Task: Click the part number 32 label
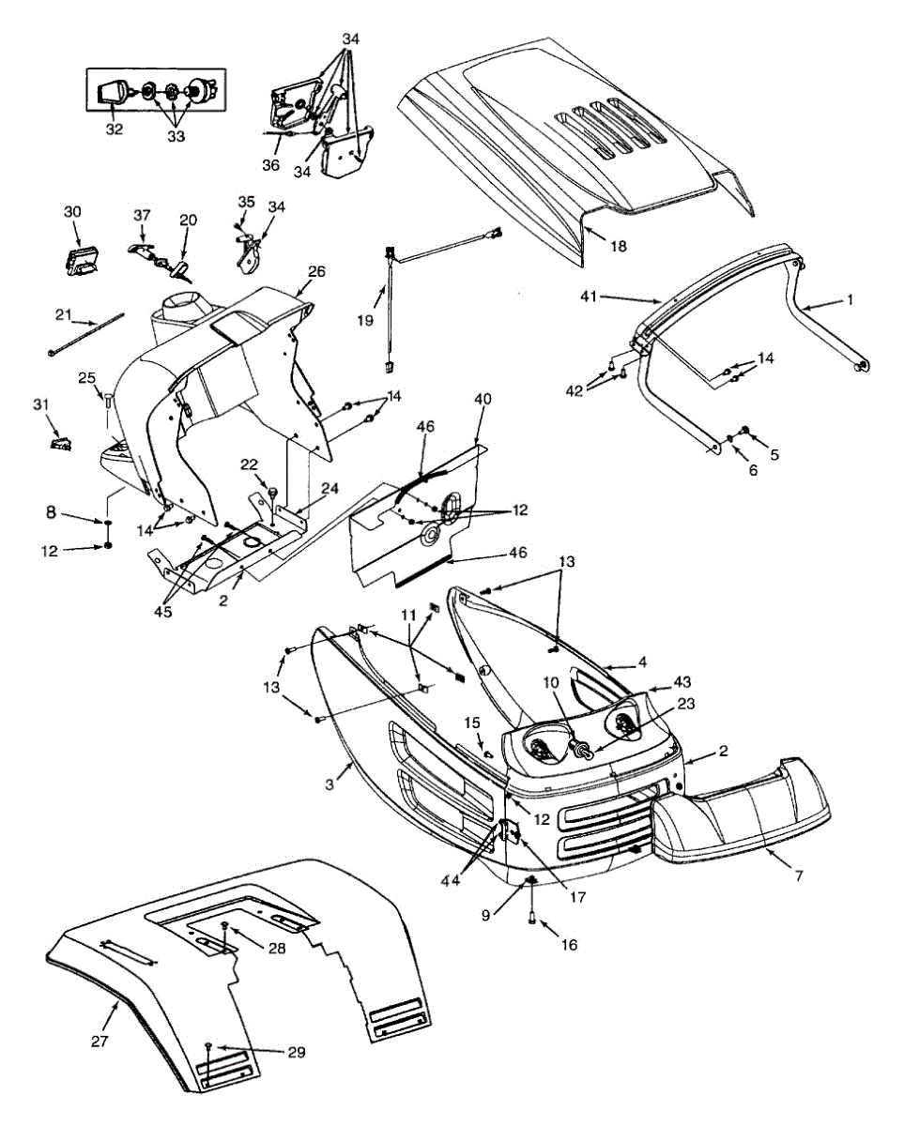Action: coord(114,129)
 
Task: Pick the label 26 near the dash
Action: coord(316,272)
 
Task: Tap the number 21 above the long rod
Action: coord(63,312)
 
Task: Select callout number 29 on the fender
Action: coord(296,1054)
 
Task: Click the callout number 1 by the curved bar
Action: coord(850,302)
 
